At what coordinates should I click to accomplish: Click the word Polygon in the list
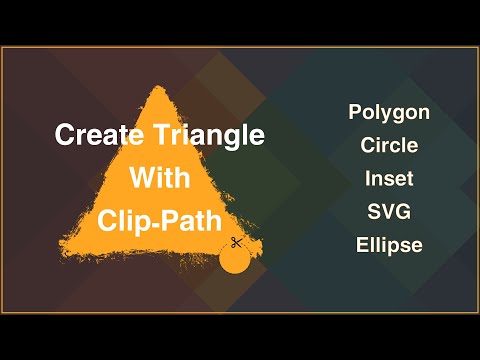[x=389, y=112]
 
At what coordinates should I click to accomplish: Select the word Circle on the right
[x=389, y=146]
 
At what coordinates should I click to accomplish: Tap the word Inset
[x=389, y=180]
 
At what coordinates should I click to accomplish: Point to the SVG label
[x=389, y=213]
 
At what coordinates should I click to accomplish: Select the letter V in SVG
[x=389, y=213]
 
